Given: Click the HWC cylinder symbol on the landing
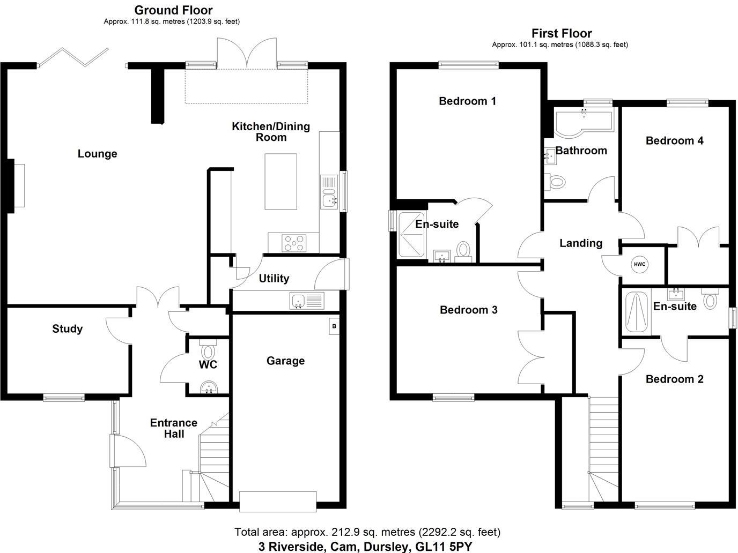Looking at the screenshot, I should point(639,264).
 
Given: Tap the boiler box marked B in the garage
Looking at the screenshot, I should point(334,326).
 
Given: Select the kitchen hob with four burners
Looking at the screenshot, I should point(294,243).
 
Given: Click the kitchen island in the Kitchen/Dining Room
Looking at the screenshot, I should point(281,181).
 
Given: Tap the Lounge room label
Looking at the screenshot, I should point(97,154).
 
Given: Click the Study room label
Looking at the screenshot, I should point(67,328).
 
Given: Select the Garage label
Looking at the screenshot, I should point(285,361).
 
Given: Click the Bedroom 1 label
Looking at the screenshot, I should point(467,101).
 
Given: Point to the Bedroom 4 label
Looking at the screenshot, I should point(674,140).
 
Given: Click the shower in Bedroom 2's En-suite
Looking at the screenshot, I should point(637,312).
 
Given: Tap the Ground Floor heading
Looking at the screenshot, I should point(173,10).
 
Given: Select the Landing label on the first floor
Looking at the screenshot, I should point(580,243).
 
